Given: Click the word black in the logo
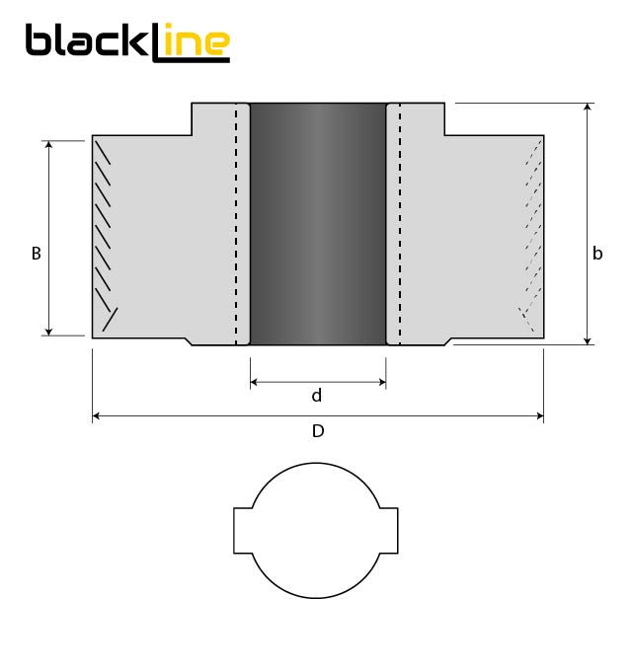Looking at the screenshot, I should click(x=86, y=41).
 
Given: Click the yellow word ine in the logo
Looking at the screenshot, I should click(x=197, y=42).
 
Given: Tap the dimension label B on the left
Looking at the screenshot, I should click(x=37, y=254).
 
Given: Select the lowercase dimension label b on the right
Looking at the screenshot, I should click(x=597, y=254).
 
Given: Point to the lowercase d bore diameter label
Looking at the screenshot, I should click(x=317, y=396).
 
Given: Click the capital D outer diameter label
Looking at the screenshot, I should click(x=317, y=431).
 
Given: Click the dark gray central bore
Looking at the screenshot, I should click(x=317, y=224).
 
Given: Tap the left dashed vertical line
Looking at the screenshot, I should click(x=236, y=224).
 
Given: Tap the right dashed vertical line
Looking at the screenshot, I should click(x=399, y=224).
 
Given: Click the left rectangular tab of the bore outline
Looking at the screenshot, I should click(x=243, y=531).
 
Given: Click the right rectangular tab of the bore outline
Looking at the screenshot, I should click(x=389, y=531).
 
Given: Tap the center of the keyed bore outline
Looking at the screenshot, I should click(x=316, y=531).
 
